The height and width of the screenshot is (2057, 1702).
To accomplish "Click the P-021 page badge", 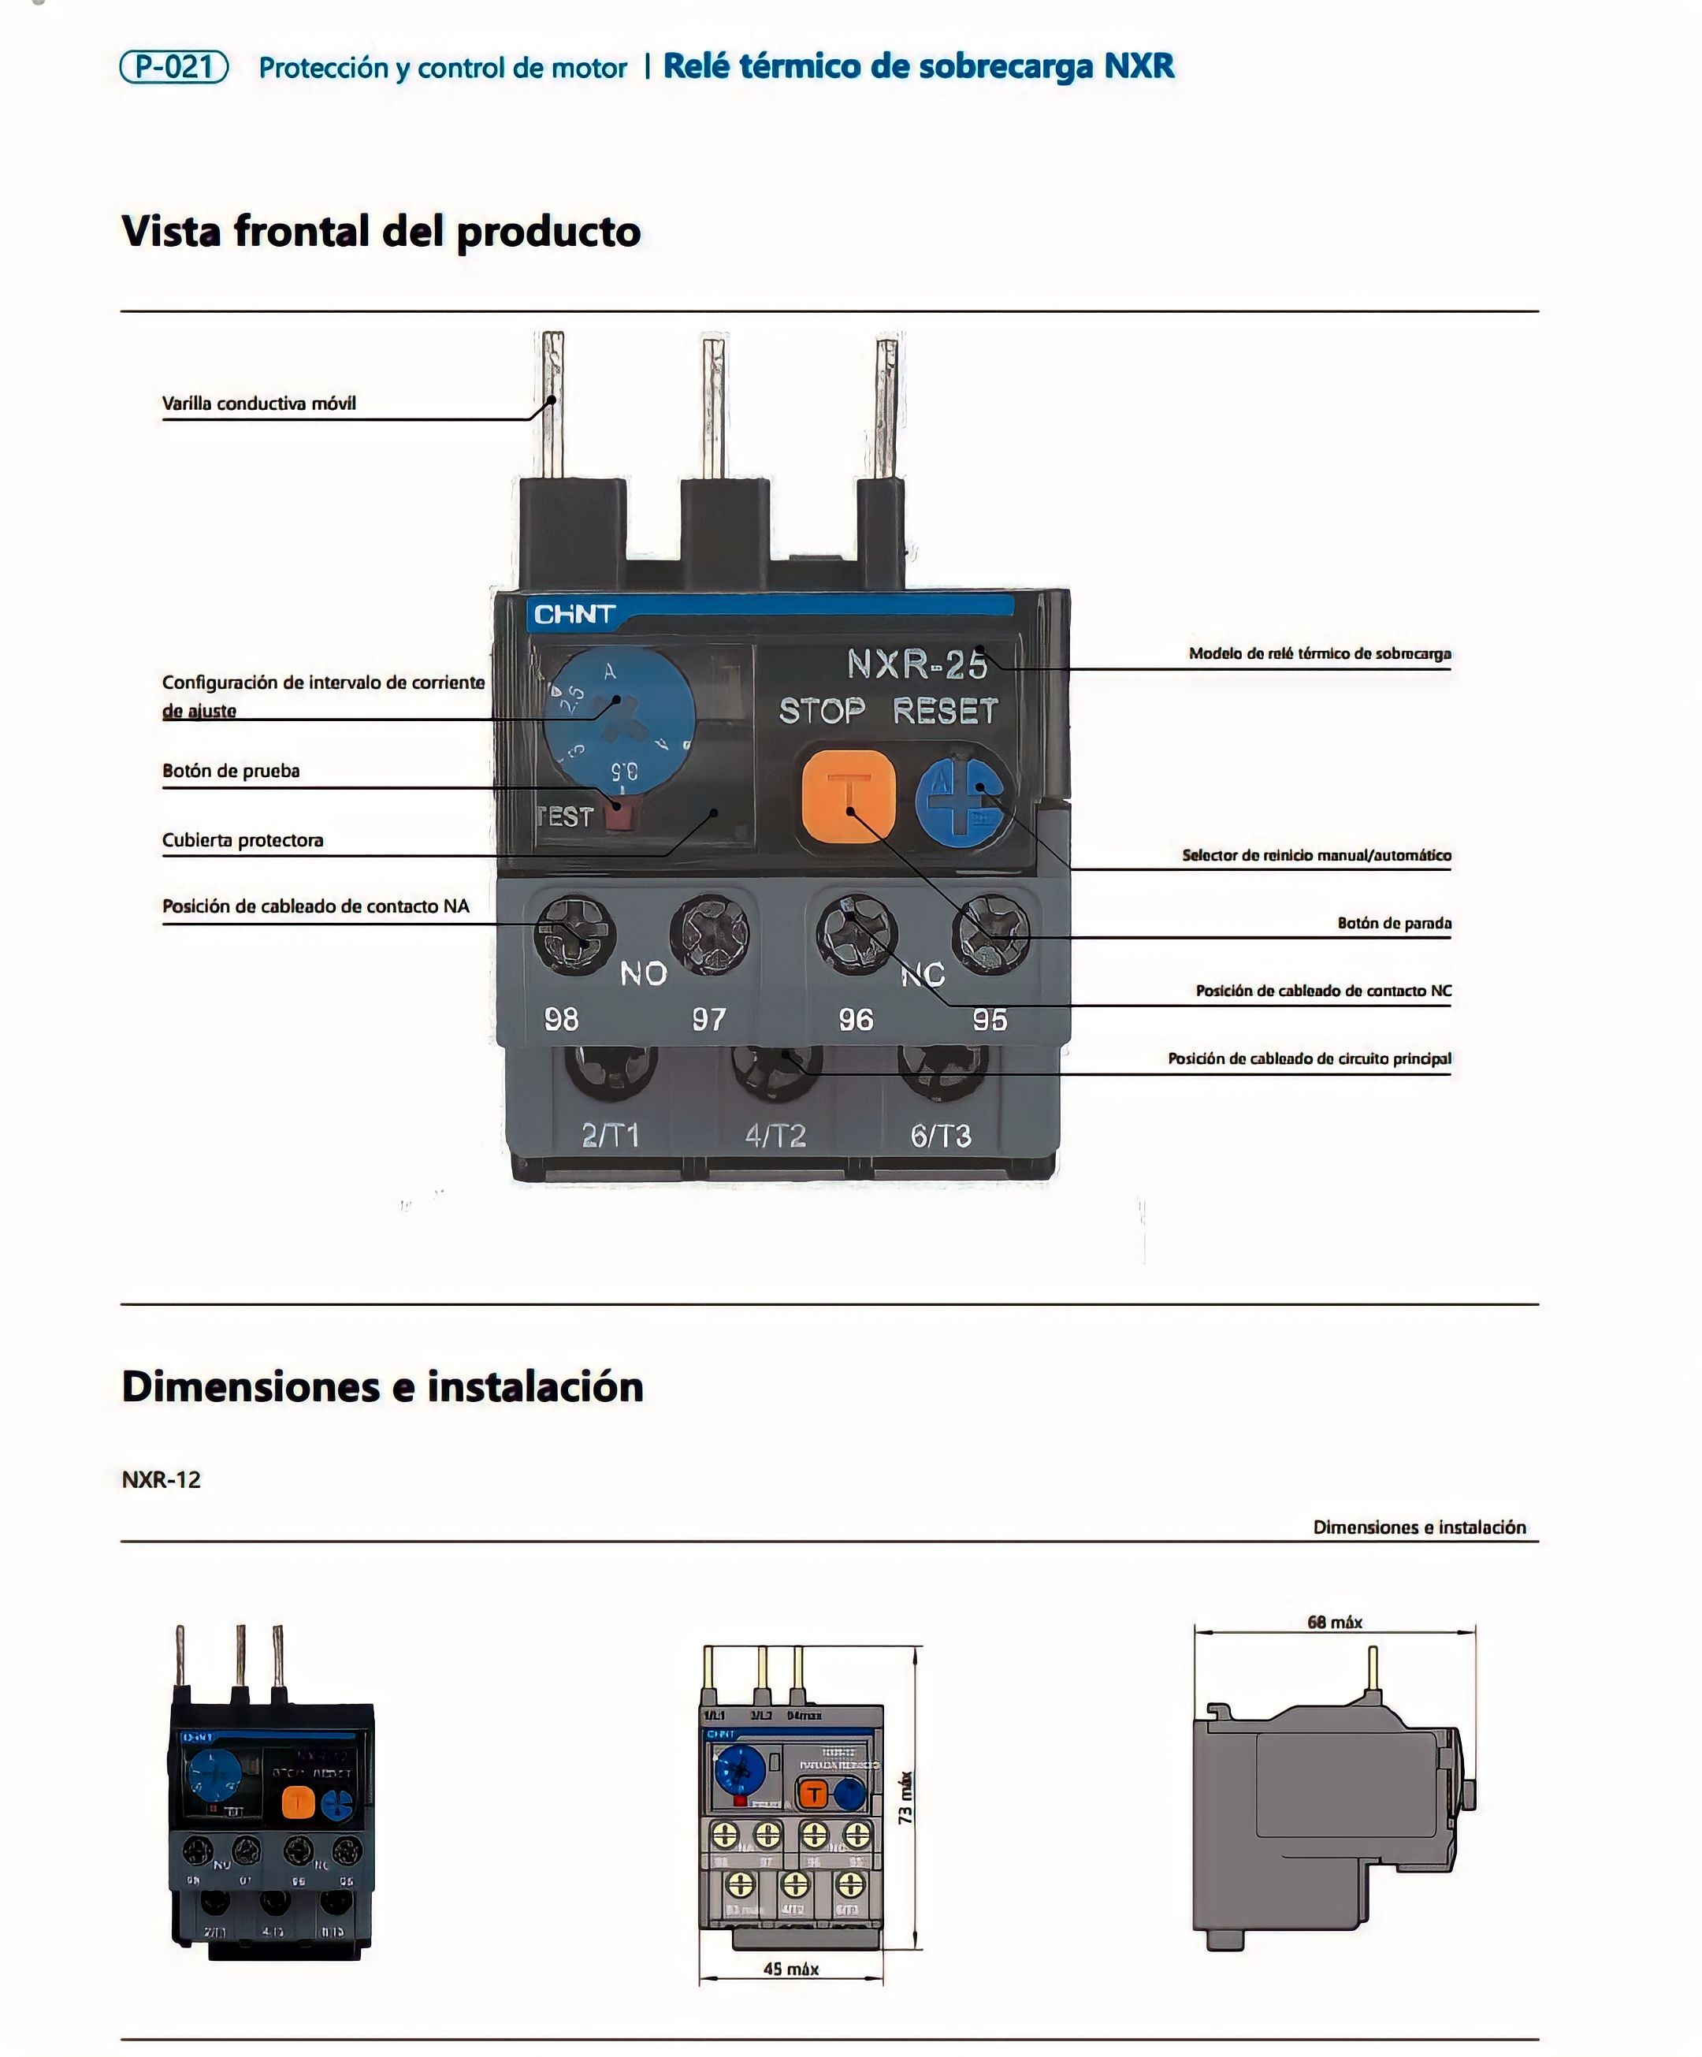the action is point(173,67).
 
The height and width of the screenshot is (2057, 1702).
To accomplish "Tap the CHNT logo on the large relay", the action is point(574,614).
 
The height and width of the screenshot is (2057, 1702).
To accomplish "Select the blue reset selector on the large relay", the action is point(964,798).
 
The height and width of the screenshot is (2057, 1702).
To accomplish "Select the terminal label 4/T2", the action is point(775,1135).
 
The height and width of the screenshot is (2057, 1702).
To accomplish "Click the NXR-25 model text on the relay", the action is point(916,664).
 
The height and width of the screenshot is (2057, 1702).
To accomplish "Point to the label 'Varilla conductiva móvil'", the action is point(258,404).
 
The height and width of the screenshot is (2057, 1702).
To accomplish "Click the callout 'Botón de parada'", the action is point(1394,923).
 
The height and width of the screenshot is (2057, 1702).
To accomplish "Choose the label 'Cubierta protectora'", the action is point(242,840).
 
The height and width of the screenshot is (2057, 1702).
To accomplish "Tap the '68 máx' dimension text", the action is point(1334,1622).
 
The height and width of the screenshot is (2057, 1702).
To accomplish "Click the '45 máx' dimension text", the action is point(790,1969).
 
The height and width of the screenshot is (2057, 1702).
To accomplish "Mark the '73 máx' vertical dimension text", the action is point(906,1798).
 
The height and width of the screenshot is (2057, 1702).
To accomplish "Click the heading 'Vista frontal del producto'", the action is point(381,231).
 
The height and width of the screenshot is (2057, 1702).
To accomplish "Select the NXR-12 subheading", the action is point(161,1479).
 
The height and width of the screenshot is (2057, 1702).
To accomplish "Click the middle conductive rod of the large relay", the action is point(714,407).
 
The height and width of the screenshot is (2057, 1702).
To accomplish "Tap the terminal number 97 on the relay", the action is point(709,1020).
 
